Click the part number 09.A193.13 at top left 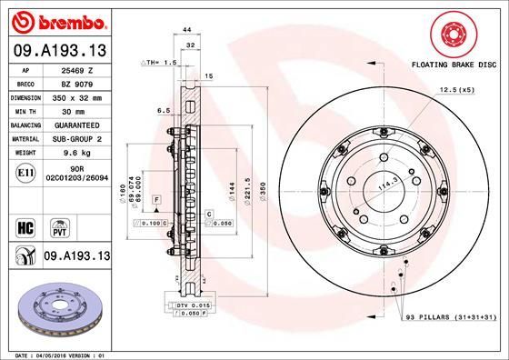tap(56, 49)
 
